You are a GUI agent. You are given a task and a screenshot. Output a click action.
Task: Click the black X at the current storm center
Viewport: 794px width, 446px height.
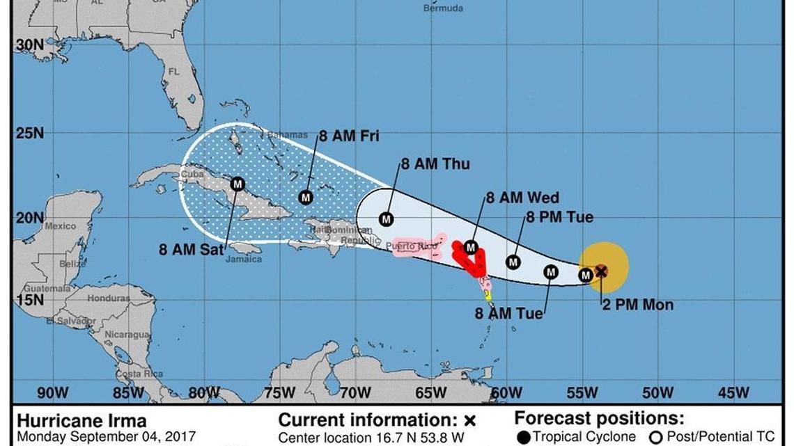(601, 271)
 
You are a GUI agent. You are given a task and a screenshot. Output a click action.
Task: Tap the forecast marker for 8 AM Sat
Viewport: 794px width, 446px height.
(238, 184)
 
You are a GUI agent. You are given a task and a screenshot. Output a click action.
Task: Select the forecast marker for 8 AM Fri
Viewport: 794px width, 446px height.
(306, 197)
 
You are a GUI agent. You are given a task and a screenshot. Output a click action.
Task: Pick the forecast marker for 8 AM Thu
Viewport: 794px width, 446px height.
(387, 219)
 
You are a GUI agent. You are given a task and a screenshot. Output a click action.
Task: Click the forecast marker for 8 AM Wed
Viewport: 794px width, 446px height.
(471, 247)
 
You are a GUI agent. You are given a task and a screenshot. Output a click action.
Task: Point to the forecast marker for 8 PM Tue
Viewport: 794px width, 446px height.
(513, 262)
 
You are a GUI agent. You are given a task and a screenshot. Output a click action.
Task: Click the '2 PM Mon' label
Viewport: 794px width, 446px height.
(637, 305)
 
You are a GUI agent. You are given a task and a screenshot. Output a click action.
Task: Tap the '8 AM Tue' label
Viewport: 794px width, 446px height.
(508, 314)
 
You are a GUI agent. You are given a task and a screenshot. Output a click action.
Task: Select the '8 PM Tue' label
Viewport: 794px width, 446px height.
(559, 217)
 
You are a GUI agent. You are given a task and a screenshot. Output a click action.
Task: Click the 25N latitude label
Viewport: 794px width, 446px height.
(29, 132)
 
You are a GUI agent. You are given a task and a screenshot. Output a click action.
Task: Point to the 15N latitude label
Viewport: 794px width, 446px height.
(29, 300)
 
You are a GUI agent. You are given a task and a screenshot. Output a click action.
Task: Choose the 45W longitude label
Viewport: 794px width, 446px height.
(733, 393)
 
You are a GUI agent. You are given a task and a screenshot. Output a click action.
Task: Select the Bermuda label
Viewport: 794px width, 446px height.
(443, 8)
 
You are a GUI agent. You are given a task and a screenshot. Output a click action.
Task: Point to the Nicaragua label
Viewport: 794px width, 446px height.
(127, 335)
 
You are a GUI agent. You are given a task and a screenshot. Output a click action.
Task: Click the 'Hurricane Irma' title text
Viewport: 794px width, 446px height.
(81, 421)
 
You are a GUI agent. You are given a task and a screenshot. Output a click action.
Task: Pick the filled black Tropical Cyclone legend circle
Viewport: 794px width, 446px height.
(524, 438)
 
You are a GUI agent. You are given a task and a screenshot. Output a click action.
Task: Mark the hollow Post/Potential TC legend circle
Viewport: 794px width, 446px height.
(655, 438)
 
